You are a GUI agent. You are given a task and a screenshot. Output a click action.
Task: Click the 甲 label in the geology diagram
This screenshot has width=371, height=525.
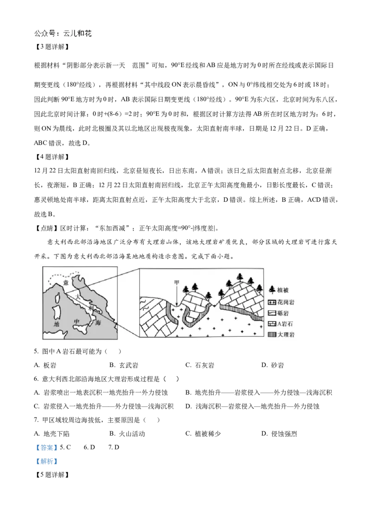[x=177, y=282]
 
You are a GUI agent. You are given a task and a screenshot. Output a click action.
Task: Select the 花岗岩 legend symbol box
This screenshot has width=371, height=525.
[x=272, y=302]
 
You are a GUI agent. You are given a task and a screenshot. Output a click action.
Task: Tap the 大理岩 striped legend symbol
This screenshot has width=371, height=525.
[x=272, y=334]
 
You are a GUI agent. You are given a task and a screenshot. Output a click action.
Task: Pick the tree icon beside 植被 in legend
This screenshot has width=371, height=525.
[x=272, y=290]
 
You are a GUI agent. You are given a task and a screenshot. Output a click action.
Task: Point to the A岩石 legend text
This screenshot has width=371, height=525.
[x=285, y=324]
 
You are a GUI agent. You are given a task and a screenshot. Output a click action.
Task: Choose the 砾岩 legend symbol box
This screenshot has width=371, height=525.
[x=272, y=313]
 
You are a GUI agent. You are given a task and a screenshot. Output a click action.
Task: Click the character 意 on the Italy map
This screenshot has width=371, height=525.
[x=66, y=282]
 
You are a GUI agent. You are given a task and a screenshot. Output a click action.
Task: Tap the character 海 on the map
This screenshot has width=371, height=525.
[x=98, y=323]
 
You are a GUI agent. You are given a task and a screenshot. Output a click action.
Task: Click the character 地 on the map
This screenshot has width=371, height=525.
[x=57, y=324]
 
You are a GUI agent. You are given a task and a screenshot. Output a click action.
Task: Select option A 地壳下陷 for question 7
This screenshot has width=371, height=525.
[x=51, y=434]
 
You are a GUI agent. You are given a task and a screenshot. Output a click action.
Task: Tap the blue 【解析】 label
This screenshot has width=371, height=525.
[x=46, y=461]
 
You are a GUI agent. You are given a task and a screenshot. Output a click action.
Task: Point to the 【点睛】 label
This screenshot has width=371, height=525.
[x=46, y=228]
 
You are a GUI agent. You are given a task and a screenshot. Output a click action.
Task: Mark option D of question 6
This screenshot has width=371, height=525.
[x=252, y=406]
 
